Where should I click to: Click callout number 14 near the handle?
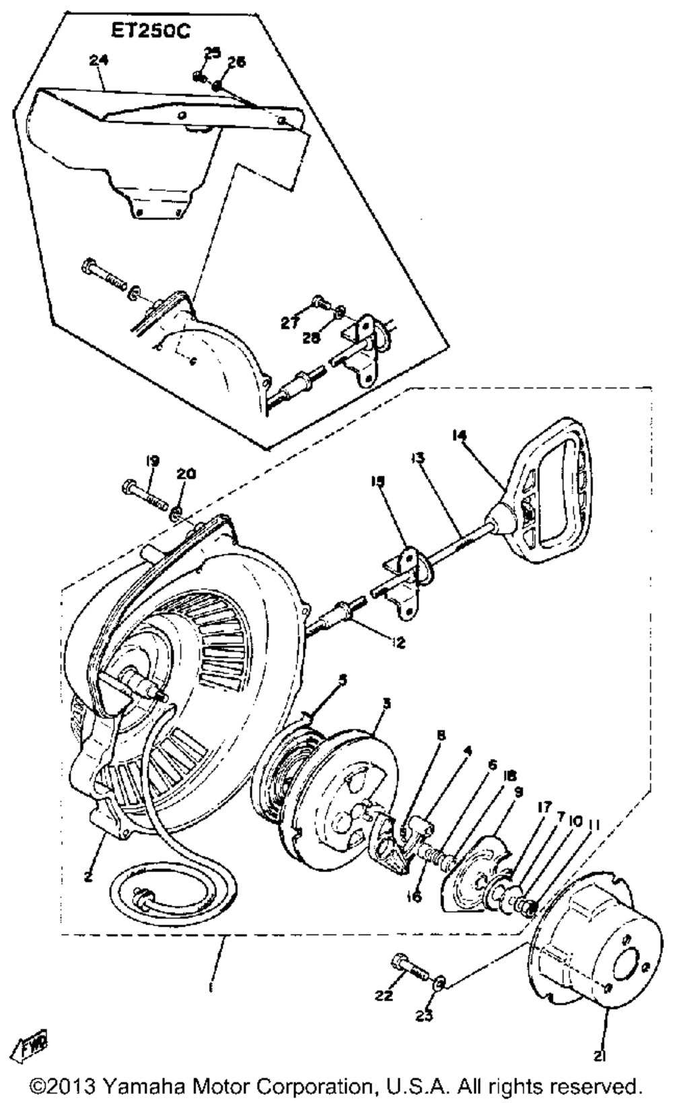tap(460, 436)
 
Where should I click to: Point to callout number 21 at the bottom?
tap(599, 1057)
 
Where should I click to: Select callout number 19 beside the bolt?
tap(152, 461)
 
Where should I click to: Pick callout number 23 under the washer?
tap(425, 1016)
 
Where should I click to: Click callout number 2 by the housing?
tap(88, 876)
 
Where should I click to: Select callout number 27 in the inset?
tap(290, 323)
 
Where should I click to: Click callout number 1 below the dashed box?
tap(211, 988)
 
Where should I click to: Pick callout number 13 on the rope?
tap(417, 458)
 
